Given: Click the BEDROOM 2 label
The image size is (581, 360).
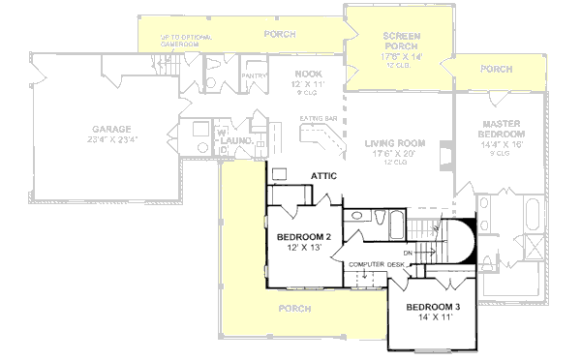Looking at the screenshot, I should pyautogui.click(x=305, y=237).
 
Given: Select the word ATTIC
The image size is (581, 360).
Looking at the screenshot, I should pyautogui.click(x=323, y=175).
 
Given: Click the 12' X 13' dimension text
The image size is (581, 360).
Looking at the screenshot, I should pyautogui.click(x=305, y=249).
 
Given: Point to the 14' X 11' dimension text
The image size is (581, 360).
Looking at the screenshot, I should pyautogui.click(x=436, y=316).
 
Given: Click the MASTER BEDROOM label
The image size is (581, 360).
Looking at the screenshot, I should pyautogui.click(x=503, y=127).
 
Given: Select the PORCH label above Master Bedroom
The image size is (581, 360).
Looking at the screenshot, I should pyautogui.click(x=496, y=69).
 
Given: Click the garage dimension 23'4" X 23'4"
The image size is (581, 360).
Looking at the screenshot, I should pyautogui.click(x=112, y=139).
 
